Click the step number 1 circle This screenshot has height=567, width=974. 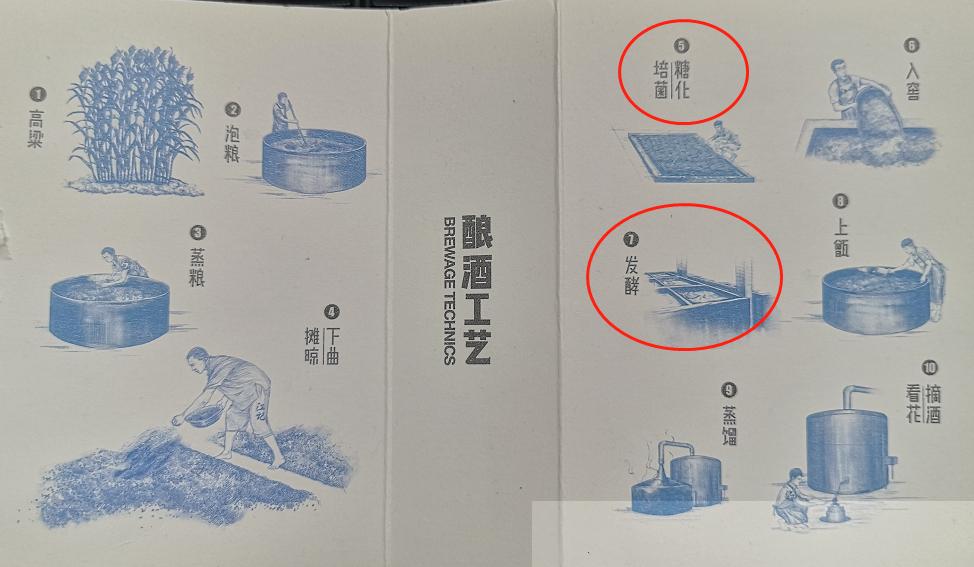coord(37,95)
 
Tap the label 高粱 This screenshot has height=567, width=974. coord(37,129)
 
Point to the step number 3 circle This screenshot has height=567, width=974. coord(198,233)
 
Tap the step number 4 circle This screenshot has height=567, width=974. coord(332,311)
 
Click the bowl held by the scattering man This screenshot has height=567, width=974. coord(204,411)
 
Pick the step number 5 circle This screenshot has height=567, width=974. coord(682,45)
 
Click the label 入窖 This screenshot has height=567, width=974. coord(912,82)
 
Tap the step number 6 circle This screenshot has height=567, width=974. coord(911,45)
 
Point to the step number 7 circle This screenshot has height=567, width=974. coord(630,240)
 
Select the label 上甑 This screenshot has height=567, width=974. coord(840,237)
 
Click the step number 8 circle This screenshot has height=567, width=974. coord(840,201)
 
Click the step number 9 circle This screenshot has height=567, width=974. coord(728,390)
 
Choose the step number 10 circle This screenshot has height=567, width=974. coord(930,367)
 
